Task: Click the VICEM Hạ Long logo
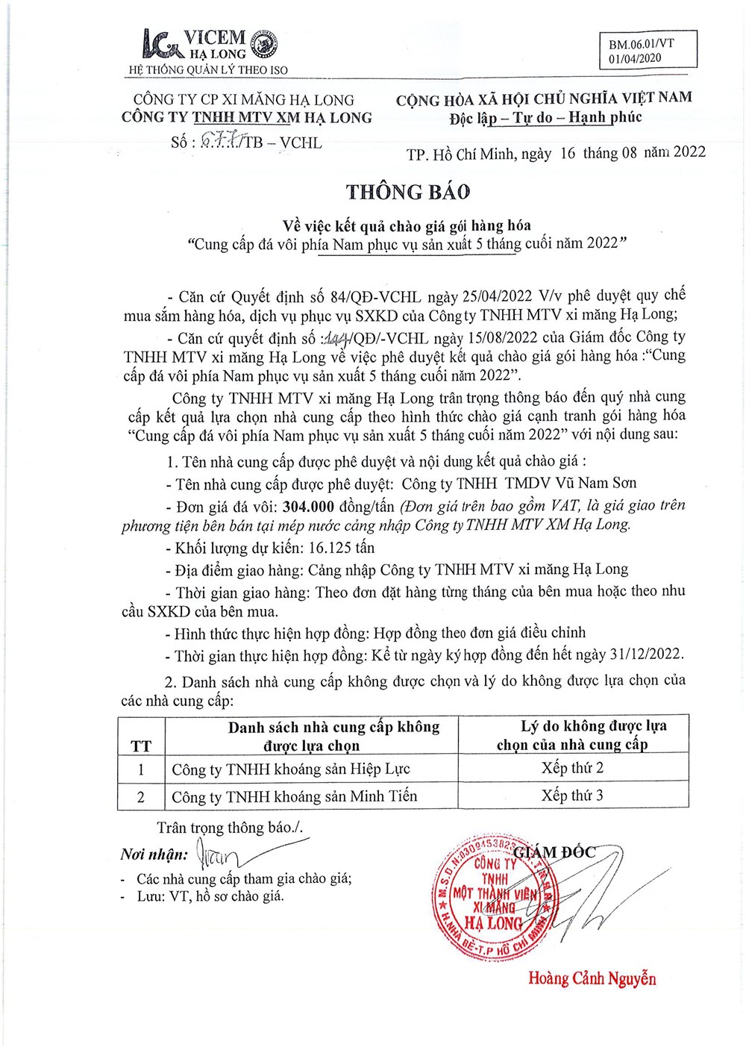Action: [x=209, y=45]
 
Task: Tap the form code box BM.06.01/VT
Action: [x=647, y=50]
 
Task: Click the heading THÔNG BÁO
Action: [x=407, y=192]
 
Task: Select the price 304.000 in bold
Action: [x=308, y=507]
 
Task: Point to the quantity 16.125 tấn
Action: [x=342, y=548]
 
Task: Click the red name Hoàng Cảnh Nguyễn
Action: [x=592, y=978]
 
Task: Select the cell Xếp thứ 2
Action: [x=572, y=768]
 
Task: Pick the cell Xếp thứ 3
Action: [x=572, y=796]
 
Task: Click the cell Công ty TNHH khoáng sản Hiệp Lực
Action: [x=291, y=769]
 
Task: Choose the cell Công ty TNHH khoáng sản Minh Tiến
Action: [x=295, y=796]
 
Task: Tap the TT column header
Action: [x=141, y=746]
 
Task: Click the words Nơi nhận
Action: [x=154, y=855]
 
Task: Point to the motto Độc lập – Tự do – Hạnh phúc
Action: [x=545, y=117]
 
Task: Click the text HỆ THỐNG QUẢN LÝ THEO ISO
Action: [x=208, y=70]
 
